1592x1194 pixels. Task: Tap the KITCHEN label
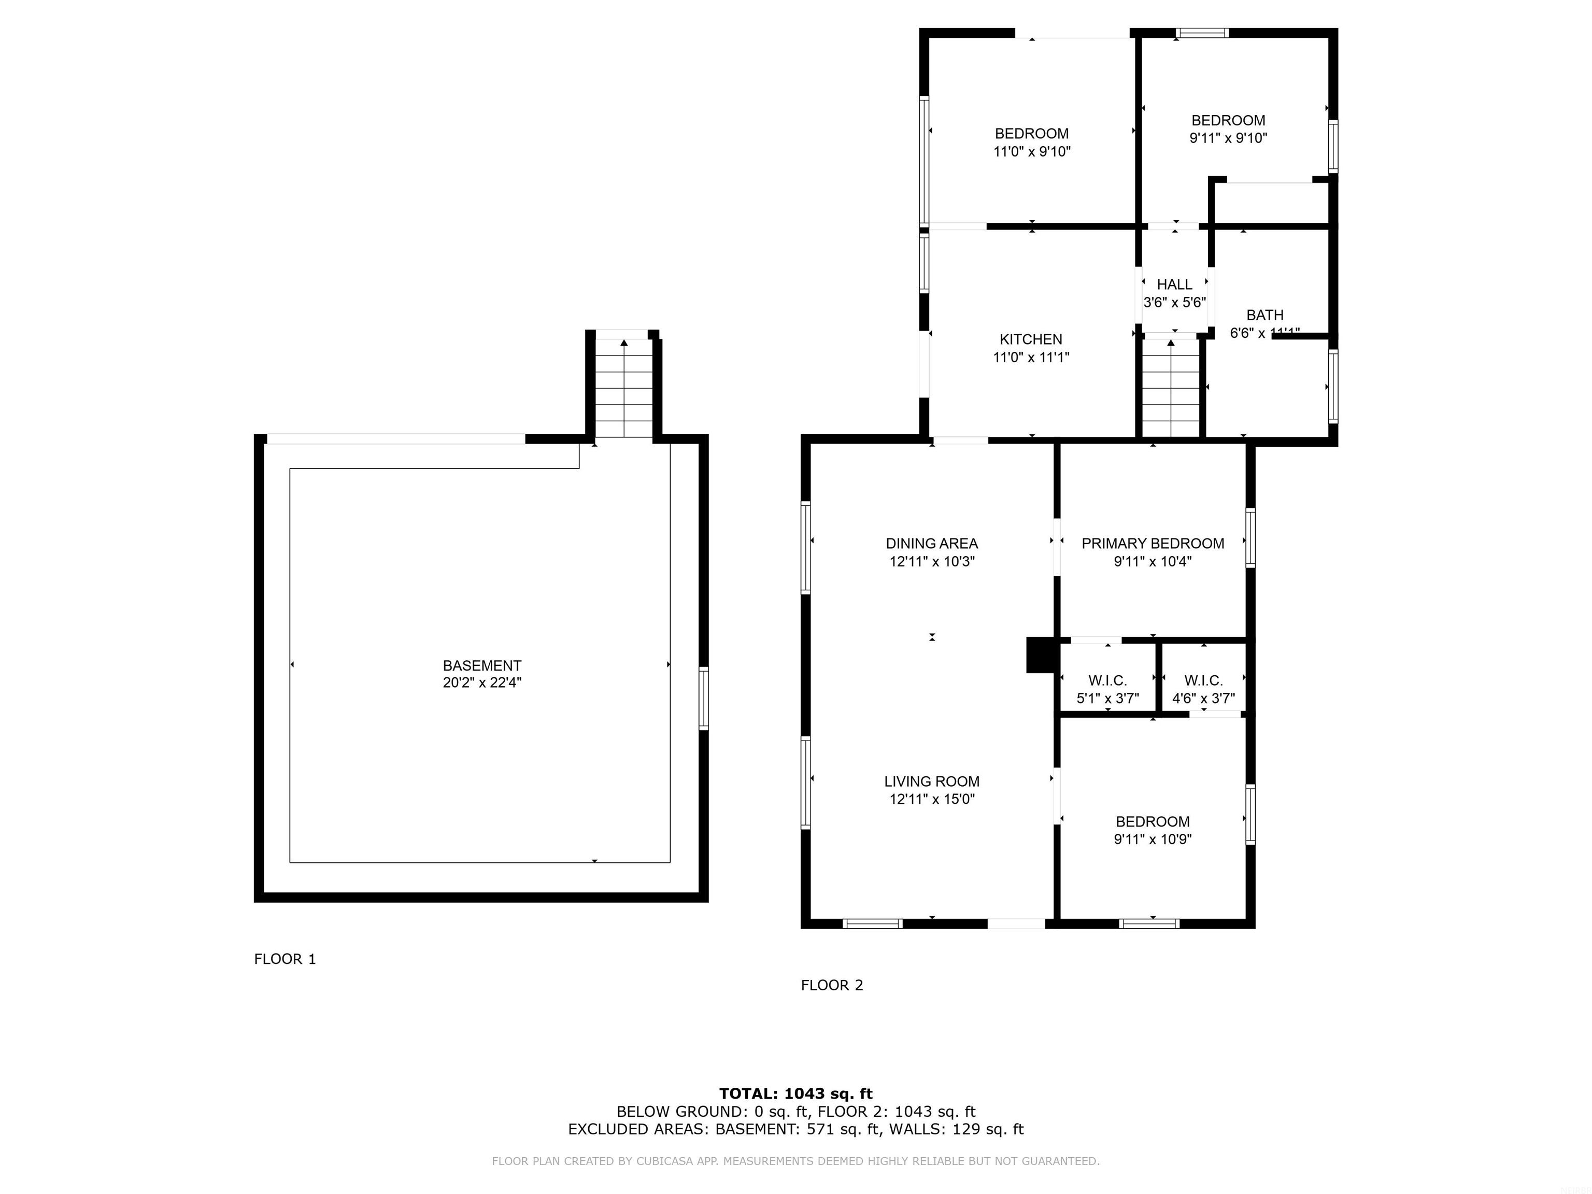(x=1031, y=339)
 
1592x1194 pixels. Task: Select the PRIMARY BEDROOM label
(x=1152, y=544)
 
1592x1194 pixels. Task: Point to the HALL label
(x=1175, y=285)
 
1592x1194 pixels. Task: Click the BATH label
(x=1264, y=315)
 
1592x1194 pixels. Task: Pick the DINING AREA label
(x=931, y=544)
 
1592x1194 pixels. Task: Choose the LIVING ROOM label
(x=931, y=781)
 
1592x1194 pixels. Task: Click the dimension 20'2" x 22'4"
(x=481, y=683)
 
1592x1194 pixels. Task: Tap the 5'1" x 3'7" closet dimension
(x=1107, y=698)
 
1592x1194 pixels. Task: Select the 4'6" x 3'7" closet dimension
(x=1203, y=698)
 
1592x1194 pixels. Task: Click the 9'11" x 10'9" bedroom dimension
(x=1152, y=839)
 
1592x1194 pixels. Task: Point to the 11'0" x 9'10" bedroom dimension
(x=1031, y=152)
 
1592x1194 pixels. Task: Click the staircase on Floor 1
(x=623, y=389)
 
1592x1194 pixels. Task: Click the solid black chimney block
(x=1039, y=655)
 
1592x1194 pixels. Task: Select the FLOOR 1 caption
(x=285, y=959)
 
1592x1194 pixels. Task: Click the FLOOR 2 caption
(x=831, y=985)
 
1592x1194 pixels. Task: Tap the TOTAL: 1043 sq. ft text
(x=795, y=1094)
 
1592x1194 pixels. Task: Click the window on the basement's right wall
(x=704, y=698)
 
